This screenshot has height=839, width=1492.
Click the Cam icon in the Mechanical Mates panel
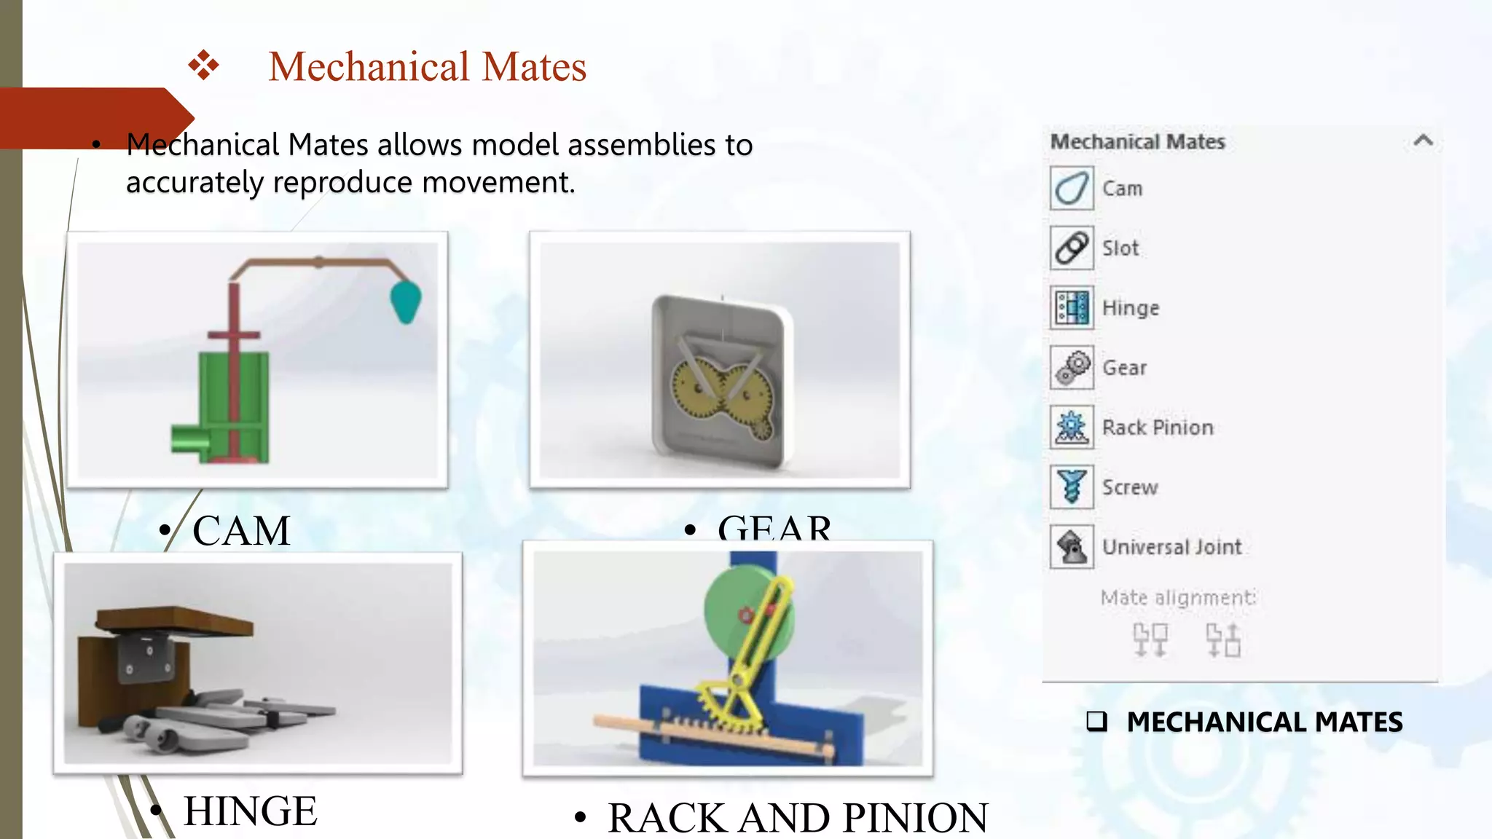coord(1072,189)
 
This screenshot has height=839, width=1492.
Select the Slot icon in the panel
coord(1072,248)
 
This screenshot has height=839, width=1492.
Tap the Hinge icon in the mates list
coord(1072,308)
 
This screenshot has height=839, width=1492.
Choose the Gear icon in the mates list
coord(1072,368)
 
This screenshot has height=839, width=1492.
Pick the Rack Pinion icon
coord(1072,428)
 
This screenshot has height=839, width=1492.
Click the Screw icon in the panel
coord(1072,487)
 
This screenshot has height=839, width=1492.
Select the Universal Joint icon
coord(1072,547)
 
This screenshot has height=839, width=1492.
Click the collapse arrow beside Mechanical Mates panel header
coord(1423,141)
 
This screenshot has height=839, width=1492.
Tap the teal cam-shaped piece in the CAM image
coord(406,301)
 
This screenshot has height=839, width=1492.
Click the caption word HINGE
coord(250,811)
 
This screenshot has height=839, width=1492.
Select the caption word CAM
coord(241,530)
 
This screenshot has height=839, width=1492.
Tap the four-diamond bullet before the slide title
coord(203,66)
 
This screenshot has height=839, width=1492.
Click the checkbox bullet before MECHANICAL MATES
coord(1096,721)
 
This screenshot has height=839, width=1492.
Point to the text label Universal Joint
coord(1171,547)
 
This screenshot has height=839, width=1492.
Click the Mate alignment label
coord(1177,598)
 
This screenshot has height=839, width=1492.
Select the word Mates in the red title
coord(534,66)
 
